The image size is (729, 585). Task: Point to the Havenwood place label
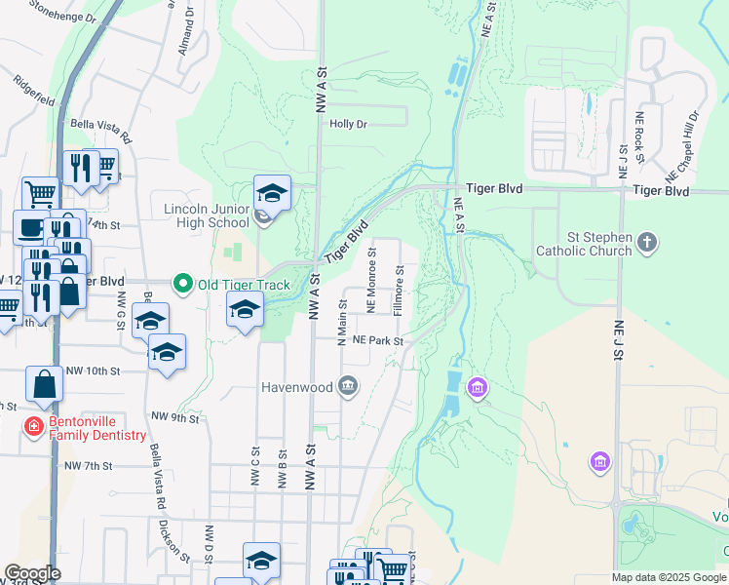296,387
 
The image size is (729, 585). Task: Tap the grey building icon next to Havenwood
348,388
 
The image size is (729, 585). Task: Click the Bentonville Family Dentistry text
96,428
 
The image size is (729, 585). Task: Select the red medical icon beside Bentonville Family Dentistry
33,428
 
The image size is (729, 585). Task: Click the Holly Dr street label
348,124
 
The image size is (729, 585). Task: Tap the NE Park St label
377,341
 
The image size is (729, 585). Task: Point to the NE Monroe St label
371,281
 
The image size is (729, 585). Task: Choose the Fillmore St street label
398,290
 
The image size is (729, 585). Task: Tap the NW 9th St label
174,418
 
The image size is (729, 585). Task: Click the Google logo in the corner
32,573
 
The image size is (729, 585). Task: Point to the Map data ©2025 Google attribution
668,577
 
